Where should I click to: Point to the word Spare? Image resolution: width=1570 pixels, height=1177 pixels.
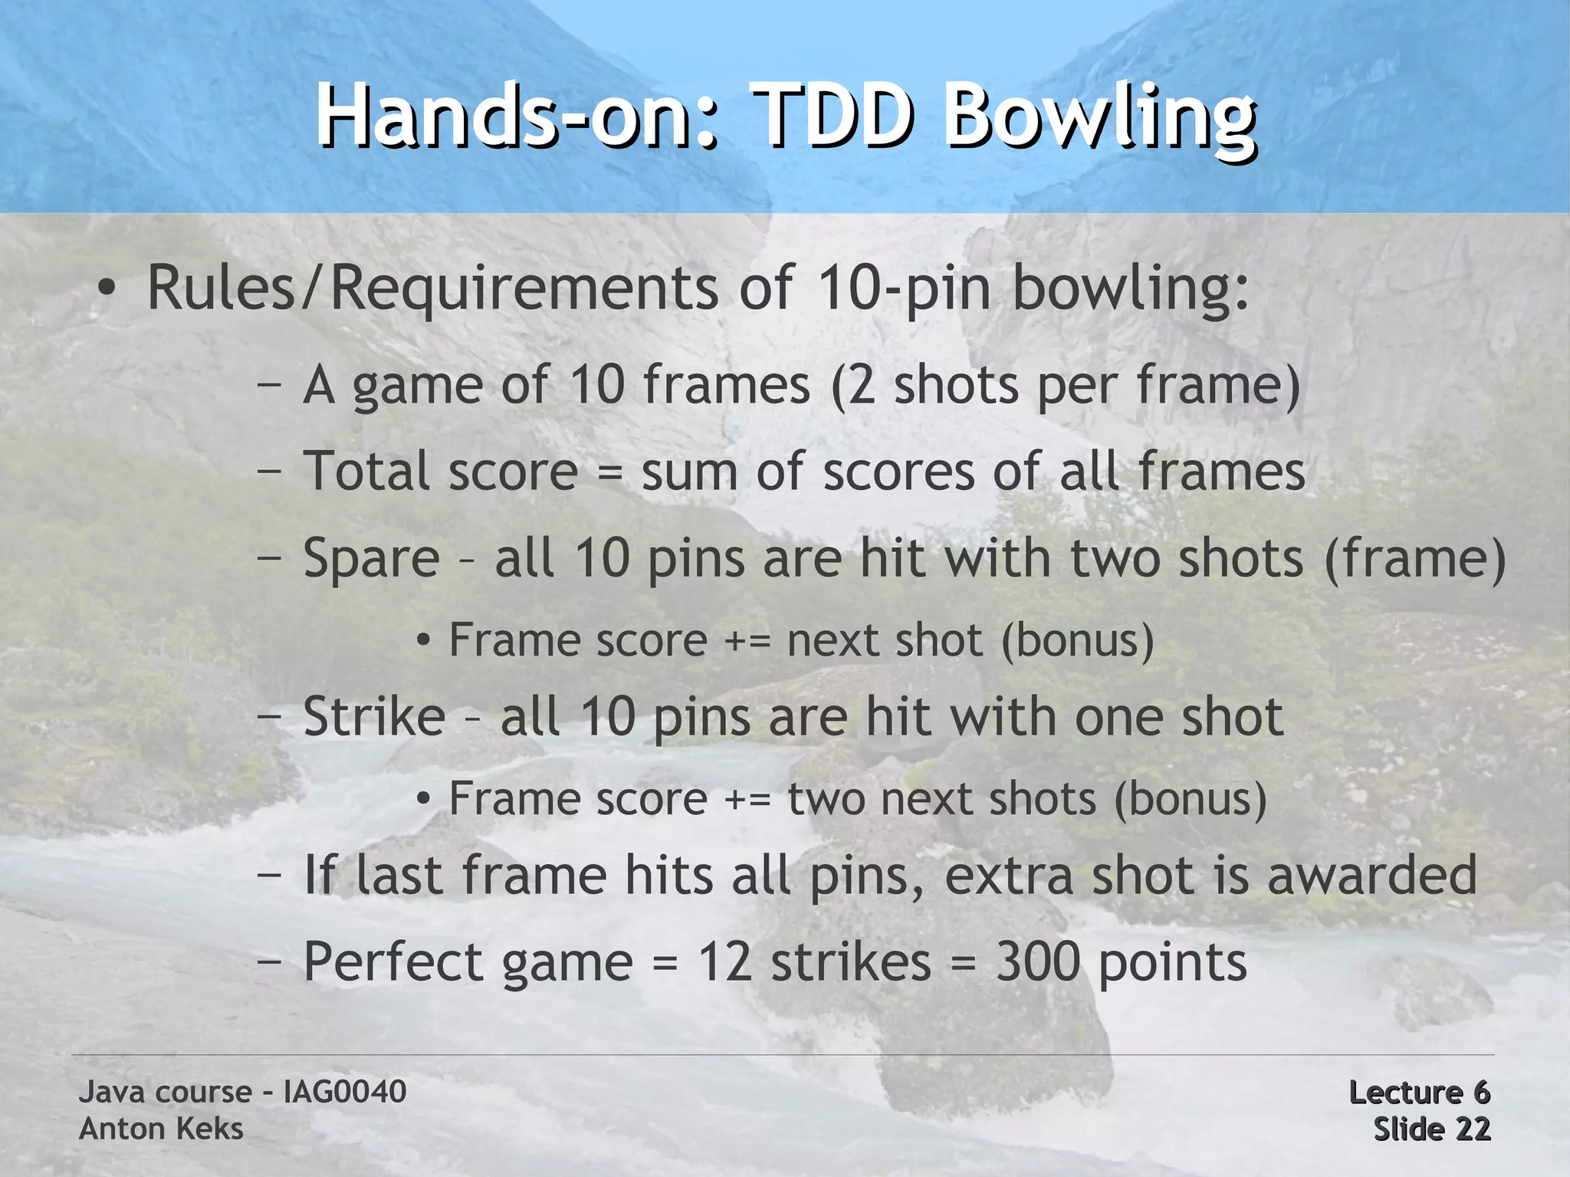point(372,557)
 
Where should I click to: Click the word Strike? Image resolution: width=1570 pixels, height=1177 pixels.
point(374,717)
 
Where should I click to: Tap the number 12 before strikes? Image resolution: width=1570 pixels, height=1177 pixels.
point(724,962)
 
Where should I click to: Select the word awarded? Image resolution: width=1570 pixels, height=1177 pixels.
point(1371,875)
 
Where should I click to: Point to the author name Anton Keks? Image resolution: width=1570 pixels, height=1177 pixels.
point(161,1129)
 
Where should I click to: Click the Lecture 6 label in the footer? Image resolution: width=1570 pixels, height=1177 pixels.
point(1419,1092)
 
